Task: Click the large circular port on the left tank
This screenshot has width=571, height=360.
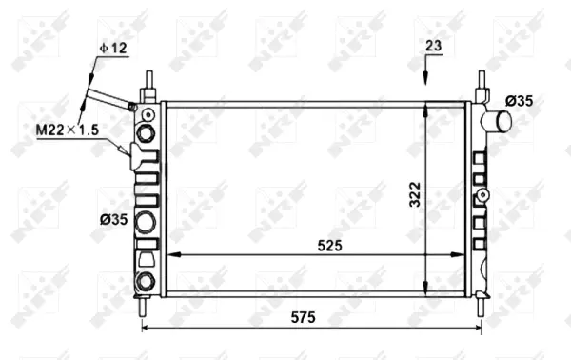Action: [148, 223]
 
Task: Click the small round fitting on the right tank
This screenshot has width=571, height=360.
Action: [483, 196]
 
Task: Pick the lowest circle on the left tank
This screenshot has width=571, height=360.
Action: [148, 281]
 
